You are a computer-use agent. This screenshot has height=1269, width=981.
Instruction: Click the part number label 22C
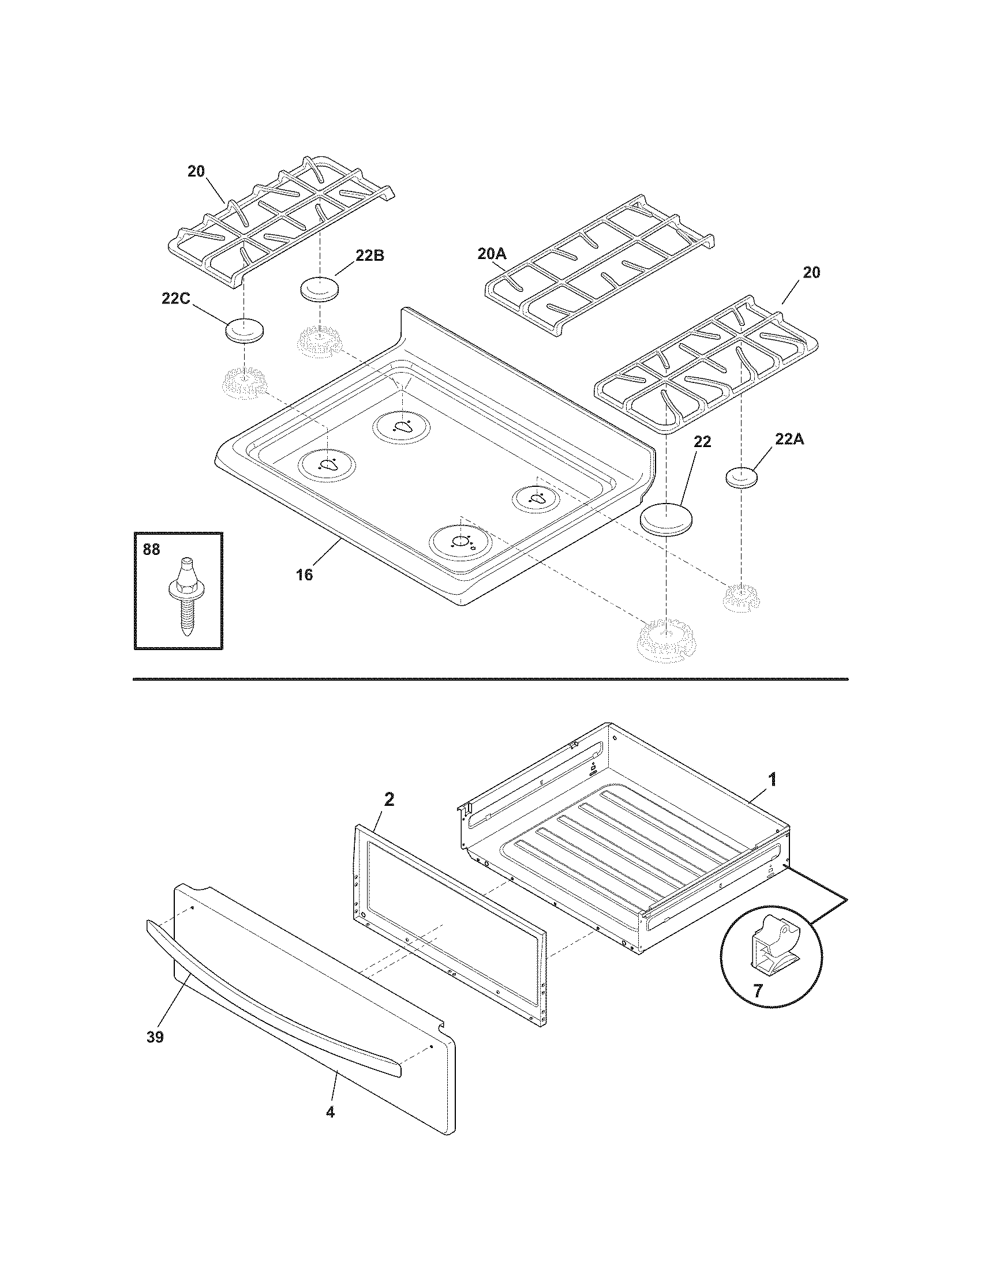176,299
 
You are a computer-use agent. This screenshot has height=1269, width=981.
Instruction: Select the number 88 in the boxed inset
151,549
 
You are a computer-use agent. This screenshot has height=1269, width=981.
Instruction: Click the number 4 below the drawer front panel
330,1112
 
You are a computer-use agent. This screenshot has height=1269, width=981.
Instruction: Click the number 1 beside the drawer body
772,780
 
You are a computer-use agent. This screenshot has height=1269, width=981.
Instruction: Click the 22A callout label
789,440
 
